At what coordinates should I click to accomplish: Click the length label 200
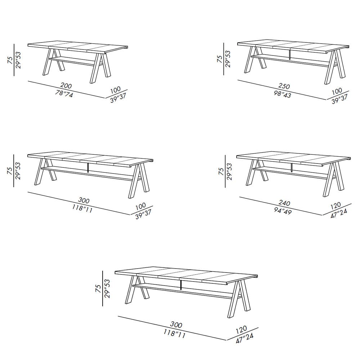coord(66,86)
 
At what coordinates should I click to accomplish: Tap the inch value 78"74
coord(64,94)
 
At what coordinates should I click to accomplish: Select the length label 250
coord(284,86)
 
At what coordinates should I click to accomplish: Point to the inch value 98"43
coord(282,94)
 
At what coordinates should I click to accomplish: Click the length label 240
coord(284,203)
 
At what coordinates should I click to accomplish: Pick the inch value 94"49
coord(283,211)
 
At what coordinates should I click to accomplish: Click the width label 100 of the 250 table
coord(337,91)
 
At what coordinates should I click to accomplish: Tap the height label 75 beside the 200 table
coord(10,60)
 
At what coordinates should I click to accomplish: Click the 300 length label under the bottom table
coord(176,325)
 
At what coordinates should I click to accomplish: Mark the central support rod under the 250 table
coord(291,55)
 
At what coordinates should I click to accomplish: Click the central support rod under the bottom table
coord(181,284)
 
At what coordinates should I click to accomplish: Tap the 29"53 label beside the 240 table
coord(229,171)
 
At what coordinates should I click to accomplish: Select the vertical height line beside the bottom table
coord(102,289)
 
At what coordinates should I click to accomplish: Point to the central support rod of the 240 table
coord(292,168)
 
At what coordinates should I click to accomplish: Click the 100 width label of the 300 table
coord(140,206)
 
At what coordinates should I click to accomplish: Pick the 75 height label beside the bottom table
coord(98,289)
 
